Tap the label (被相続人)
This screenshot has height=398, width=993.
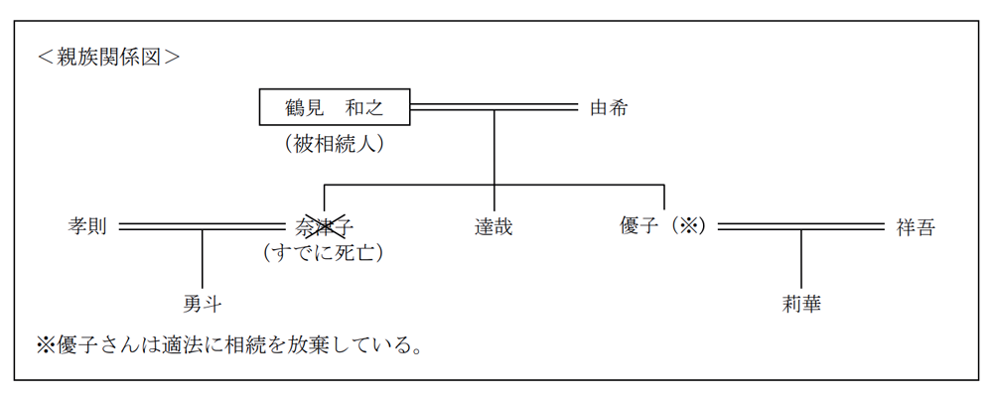pos(335,143)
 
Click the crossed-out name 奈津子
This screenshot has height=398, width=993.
pos(325,226)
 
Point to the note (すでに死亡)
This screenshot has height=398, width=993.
pos(324,253)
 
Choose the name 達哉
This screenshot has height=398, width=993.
pos(494,226)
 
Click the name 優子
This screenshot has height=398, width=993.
pos(638,226)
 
